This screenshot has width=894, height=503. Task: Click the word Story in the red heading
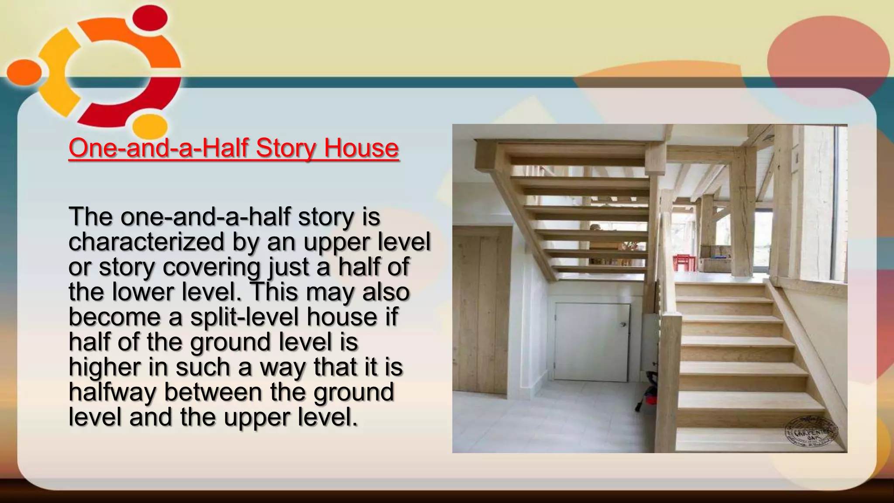[285, 148]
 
